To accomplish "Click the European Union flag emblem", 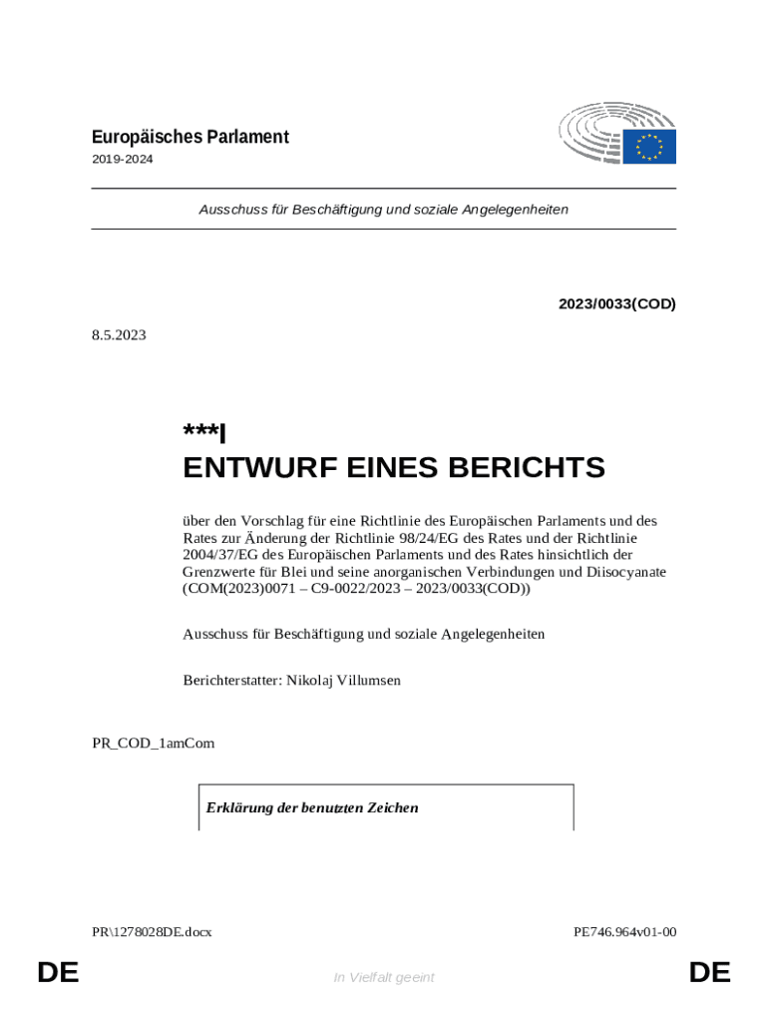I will pos(649,147).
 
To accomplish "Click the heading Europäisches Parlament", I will pos(191,137).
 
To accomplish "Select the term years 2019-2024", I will pos(123,159).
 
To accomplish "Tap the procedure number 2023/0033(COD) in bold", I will pos(617,303).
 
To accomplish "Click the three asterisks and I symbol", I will pos(204,432).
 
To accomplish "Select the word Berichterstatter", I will pos(231,681).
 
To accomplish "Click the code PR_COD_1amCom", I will pos(154,744).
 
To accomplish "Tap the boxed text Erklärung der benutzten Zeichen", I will pos(312,807).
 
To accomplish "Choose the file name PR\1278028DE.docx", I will pos(152,932).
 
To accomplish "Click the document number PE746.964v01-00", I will pos(624,932).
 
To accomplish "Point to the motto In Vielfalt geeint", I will pos(384,977).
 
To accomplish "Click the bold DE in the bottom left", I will pos(58,972).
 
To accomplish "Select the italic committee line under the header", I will pos(384,210).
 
